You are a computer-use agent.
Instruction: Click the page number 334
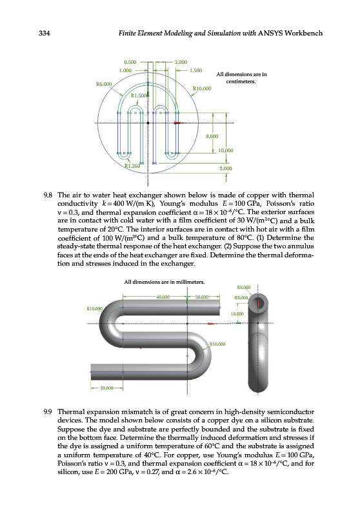coord(45,34)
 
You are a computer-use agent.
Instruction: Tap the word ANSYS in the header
coord(270,34)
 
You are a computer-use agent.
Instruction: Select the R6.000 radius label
coord(104,84)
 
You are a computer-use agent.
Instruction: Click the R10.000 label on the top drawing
coord(202,88)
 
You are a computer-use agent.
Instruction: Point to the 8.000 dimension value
coord(212,136)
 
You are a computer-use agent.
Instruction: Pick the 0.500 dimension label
coord(130,62)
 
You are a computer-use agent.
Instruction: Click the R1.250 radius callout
coord(132,166)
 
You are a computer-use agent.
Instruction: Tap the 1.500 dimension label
coord(195,70)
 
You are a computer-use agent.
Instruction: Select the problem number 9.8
coord(48,195)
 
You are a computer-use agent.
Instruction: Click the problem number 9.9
coord(48,412)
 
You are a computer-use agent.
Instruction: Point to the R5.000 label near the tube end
coord(243,287)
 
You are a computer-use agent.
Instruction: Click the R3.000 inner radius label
coord(241,298)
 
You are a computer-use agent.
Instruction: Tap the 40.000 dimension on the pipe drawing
coord(163,297)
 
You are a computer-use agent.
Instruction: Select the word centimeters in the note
coord(241,82)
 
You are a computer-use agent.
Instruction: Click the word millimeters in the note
coord(190,282)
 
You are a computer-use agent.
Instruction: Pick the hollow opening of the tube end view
coord(258,303)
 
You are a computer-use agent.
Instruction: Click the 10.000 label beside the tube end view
coord(237,314)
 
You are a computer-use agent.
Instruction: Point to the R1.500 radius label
coord(139,95)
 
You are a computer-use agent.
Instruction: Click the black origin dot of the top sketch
coord(148,123)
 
